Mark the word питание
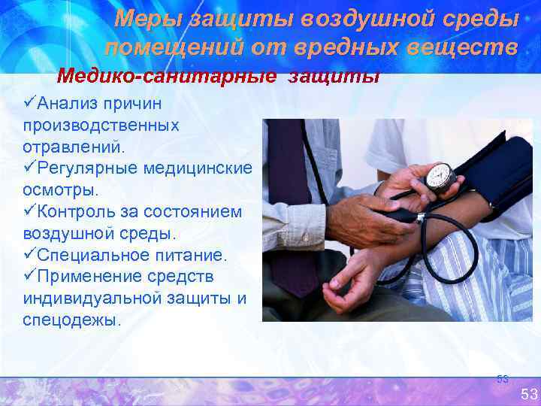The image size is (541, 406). coord(185,255)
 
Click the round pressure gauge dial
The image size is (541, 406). coord(439,177)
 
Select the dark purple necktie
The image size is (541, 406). coord(289,203)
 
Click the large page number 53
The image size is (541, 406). coord(529,394)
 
